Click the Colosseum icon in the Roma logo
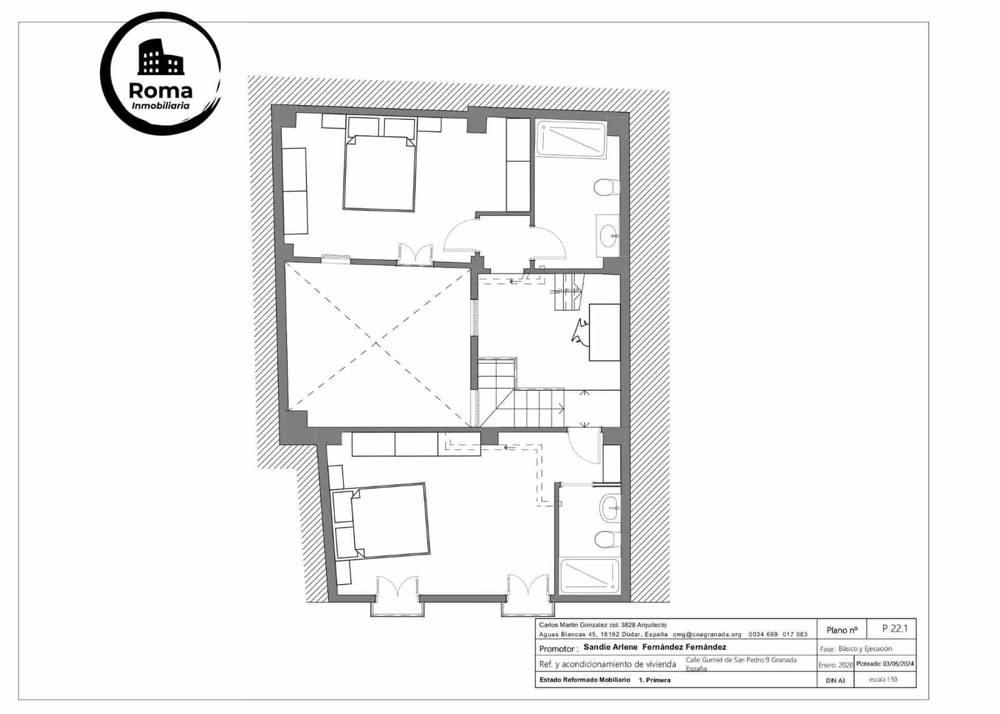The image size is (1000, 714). tap(160, 58)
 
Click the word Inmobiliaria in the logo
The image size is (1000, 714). tap(161, 106)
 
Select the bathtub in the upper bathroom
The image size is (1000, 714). tap(571, 139)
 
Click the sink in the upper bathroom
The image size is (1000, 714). tap(607, 235)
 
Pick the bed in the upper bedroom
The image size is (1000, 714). tap(380, 173)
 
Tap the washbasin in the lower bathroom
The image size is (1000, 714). tap(609, 508)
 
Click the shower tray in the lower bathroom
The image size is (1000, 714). tap(589, 576)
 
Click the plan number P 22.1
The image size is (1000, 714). tap(894, 628)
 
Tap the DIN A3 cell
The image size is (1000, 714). tap(835, 680)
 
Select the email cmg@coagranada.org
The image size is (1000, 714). tap(706, 634)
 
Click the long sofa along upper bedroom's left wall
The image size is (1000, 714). tap(296, 191)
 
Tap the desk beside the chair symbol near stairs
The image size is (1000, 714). tap(605, 332)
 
